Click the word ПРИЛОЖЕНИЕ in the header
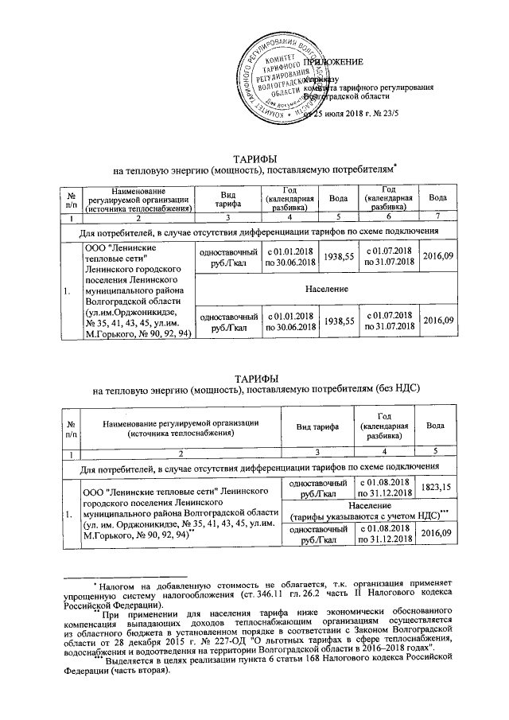(333, 61)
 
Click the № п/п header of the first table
(72, 198)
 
